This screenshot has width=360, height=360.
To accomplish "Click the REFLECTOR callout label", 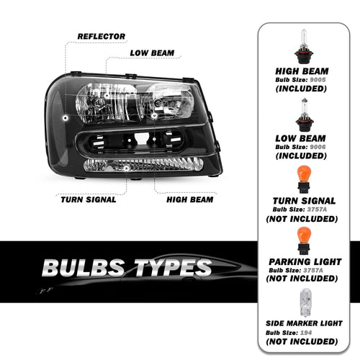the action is coord(102,37).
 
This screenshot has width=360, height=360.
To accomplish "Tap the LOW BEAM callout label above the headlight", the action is coord(152,53).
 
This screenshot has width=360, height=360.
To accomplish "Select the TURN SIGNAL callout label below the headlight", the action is coord(89,199).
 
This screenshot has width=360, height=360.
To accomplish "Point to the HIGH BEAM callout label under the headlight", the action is coord(190,199).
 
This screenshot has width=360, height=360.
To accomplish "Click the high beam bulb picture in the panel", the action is coord(304,46).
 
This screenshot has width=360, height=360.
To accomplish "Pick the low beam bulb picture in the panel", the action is coord(305,114).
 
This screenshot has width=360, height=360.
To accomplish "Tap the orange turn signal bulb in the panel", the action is coord(304,179).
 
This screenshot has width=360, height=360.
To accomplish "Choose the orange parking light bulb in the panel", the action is coord(304,240).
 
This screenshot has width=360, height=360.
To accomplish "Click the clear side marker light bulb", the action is coord(306,303).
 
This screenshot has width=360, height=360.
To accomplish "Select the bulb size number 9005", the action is coord(318,80).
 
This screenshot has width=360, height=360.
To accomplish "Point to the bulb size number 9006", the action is coord(318,147).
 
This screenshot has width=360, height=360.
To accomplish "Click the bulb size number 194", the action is coord(306,333).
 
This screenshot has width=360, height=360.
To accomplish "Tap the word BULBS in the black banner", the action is coord(84,268).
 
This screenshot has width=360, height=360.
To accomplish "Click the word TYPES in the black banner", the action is coord(173,268).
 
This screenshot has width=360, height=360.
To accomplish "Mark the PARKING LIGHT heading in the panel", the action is coord(305,261).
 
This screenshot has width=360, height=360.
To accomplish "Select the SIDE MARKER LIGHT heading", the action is coord(304,323).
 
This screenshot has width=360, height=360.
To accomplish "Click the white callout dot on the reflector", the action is coord(66,118).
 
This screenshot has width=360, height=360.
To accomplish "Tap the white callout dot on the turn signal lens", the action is coord(126,168).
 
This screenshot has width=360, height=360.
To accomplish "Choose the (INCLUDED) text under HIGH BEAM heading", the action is coord(301,89).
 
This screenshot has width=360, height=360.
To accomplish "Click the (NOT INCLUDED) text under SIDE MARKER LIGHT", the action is coord(302,341).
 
